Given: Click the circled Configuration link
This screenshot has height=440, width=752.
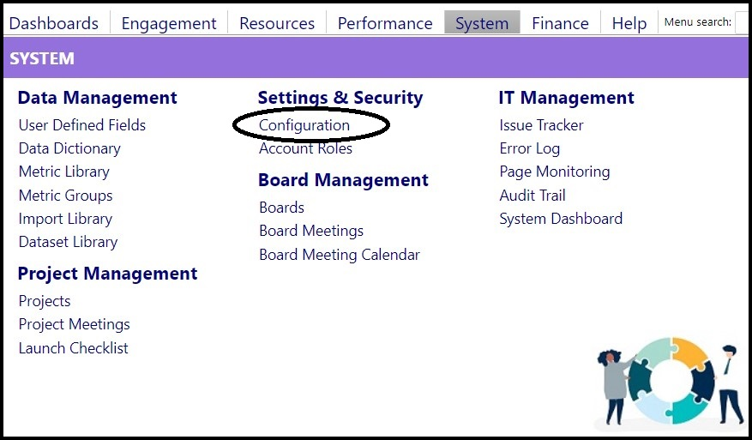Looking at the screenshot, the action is pyautogui.click(x=304, y=125).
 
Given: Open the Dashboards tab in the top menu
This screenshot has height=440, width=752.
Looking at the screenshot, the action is pyautogui.click(x=54, y=23).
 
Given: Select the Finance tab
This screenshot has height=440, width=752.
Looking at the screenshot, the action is pyautogui.click(x=560, y=23).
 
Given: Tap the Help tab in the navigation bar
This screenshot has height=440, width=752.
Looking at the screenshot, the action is pyautogui.click(x=629, y=23).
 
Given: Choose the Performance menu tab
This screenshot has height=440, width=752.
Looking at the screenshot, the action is pyautogui.click(x=385, y=23).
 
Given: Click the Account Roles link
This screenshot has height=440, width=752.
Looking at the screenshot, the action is pyautogui.click(x=305, y=148).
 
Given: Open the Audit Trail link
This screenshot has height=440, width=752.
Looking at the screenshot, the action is pyautogui.click(x=532, y=196).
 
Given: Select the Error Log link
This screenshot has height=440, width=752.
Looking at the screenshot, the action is pyautogui.click(x=529, y=148).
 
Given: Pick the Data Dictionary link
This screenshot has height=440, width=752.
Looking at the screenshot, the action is pyautogui.click(x=69, y=148).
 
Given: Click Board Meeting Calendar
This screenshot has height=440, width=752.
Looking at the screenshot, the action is pyautogui.click(x=339, y=254).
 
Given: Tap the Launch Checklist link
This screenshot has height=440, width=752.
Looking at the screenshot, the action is pyautogui.click(x=74, y=348).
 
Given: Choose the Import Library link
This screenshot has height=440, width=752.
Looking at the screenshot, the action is pyautogui.click(x=65, y=219).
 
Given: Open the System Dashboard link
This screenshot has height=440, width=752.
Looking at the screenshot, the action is pyautogui.click(x=561, y=219).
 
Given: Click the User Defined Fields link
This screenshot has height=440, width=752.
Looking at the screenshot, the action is pyautogui.click(x=82, y=125).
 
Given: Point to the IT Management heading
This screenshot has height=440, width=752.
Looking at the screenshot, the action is pyautogui.click(x=567, y=98).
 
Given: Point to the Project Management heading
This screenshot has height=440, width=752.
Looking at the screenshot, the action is pyautogui.click(x=107, y=274).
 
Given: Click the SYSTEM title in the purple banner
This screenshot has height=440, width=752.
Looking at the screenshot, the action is pyautogui.click(x=42, y=58).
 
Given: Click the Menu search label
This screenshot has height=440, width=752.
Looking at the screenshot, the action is pyautogui.click(x=698, y=22).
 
